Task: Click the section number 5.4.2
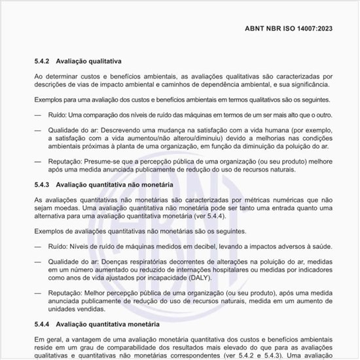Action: coord(43,62)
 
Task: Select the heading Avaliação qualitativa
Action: coord(88,62)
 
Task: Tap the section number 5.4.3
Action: coord(43,185)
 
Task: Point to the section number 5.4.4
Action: coord(43,324)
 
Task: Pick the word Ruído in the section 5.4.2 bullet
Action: coord(58,115)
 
